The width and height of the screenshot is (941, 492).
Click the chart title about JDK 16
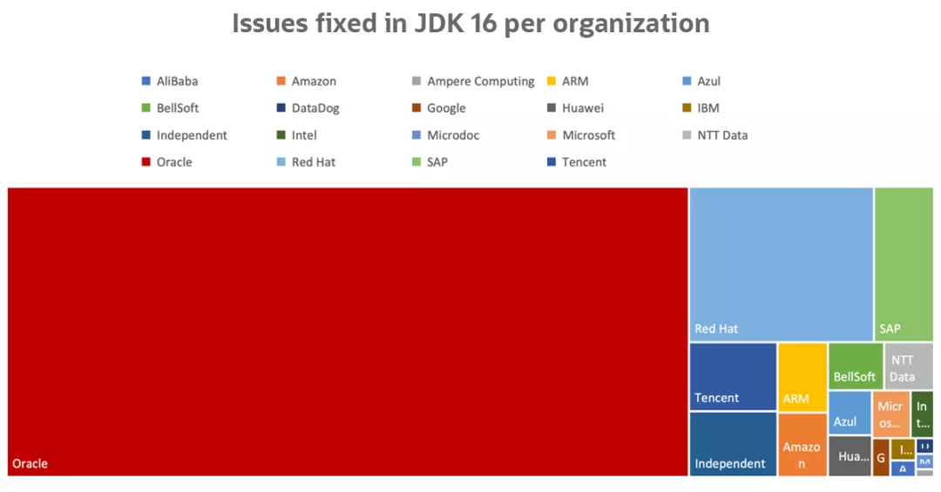470,24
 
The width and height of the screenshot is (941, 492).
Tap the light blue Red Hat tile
781,263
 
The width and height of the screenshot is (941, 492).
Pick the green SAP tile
904,263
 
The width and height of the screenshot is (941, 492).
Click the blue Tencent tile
733,376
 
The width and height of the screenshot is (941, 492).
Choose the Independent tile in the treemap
733,443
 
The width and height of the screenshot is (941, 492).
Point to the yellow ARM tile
802,376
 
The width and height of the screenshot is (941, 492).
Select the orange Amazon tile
802,443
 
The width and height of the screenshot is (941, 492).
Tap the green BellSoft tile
855,366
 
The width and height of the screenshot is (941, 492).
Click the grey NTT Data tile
909,366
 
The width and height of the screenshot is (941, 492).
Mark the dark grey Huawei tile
850,456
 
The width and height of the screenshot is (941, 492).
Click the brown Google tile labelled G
881,457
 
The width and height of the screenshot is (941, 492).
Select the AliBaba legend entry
170,81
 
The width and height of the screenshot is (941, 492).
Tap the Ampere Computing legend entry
475,81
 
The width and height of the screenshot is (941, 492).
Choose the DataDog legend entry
308,108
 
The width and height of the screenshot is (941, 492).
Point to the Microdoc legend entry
445,135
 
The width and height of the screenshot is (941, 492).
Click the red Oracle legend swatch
146,162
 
